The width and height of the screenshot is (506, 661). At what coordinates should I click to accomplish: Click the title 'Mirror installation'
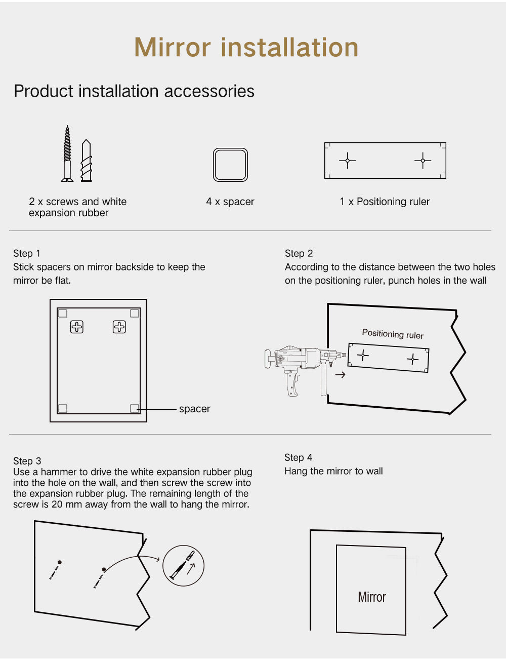[246, 47]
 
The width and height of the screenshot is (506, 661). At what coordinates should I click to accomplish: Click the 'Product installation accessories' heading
[134, 91]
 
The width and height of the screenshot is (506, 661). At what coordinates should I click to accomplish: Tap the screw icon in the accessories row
[67, 153]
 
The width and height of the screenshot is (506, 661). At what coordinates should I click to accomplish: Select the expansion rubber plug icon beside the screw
[87, 161]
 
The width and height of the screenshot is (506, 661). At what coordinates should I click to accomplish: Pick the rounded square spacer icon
[230, 165]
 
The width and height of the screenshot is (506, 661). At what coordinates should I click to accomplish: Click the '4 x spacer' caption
[230, 202]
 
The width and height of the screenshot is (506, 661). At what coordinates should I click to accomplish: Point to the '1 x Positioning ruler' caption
[385, 202]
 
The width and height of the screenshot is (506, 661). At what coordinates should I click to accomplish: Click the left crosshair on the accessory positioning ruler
[347, 160]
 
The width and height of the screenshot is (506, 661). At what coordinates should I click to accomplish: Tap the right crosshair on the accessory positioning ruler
[423, 160]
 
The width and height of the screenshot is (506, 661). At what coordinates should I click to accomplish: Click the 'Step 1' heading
[27, 253]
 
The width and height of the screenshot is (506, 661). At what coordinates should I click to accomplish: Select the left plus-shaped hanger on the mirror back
[76, 327]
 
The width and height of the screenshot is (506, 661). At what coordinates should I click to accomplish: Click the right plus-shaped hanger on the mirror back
[119, 327]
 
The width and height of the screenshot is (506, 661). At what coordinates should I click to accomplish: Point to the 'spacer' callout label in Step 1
[194, 409]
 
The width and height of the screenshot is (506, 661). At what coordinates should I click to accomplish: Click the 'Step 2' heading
[299, 253]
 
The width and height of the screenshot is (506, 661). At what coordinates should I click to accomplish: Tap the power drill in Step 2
[305, 370]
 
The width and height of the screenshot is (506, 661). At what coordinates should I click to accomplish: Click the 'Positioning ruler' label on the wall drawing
[393, 334]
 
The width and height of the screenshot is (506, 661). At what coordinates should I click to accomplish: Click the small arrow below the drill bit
[341, 375]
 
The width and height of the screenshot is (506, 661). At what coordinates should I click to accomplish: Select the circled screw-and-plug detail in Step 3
[183, 565]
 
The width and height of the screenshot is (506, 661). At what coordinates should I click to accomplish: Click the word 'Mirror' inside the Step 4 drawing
[372, 597]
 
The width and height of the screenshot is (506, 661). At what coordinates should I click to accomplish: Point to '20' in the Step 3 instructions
[57, 504]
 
